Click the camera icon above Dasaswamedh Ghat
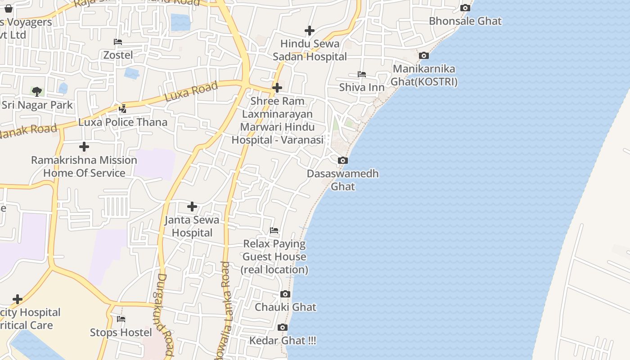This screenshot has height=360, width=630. coord(342,161)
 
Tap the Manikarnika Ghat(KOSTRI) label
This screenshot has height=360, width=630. coord(424,75)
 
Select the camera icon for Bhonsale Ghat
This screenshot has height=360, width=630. coord(465,8)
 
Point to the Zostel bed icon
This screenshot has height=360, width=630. coord(118,42)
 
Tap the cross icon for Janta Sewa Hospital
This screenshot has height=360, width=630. coord(192,207)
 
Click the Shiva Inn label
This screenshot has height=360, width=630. coord(362,87)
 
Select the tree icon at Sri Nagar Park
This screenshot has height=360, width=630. coord(37,92)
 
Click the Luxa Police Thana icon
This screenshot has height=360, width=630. coord(122,108)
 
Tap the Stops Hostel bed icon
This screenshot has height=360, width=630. coord(121,319)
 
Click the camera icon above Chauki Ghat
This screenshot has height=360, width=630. coord(285,294)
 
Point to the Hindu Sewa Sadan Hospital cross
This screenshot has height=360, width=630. coord(310,31)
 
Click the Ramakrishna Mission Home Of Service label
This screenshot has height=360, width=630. coord(84,166)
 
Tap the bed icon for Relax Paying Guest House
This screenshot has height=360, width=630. coord(274,231)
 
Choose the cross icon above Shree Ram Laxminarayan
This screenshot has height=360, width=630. coord(277,87)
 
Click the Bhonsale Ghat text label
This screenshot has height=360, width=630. coord(465,21)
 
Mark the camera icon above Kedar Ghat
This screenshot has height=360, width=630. coord(283,328)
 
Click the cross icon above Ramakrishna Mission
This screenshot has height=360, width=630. coord(84,147)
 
